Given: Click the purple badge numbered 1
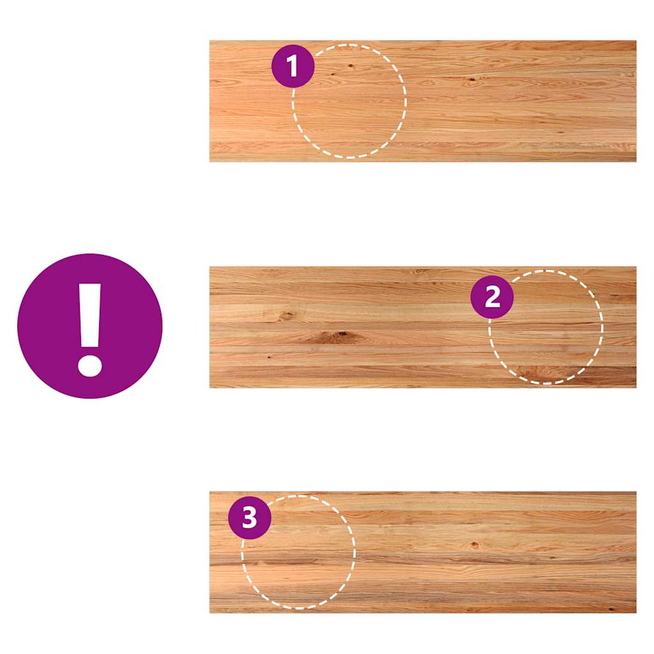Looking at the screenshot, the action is (293, 66).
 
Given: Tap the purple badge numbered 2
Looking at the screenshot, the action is (492, 297).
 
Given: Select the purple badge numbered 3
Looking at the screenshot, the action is (250, 517).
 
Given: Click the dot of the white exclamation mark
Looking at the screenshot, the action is (89, 366).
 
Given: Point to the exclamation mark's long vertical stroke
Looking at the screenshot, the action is (90, 316).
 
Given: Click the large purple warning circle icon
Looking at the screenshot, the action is (89, 326).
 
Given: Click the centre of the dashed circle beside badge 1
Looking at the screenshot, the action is (349, 101).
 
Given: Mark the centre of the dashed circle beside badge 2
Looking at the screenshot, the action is (546, 327).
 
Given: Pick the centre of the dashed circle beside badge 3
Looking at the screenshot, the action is (299, 552).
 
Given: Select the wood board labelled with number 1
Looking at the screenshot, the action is (423, 101).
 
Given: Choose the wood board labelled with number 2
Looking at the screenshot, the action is (423, 327).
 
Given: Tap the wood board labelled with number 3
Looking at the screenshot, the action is (423, 552).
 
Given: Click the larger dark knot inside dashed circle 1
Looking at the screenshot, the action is (350, 66).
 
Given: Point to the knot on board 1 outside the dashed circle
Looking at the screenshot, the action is (471, 80).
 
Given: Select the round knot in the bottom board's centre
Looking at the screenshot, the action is (475, 544).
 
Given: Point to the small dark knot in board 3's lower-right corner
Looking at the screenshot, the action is (611, 609).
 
